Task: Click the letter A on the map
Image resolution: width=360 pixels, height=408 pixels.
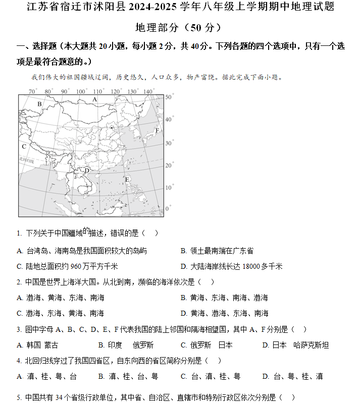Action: point(94,100)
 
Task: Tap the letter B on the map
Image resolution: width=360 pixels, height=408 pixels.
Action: point(39,104)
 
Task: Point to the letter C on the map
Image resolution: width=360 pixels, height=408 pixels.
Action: point(24,147)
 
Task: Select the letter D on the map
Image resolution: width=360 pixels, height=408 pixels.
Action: point(87,170)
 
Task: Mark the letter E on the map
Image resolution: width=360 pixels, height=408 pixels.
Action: point(127,179)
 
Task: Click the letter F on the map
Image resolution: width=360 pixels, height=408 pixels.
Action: point(157,130)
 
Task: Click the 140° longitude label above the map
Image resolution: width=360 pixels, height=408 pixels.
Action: point(148,91)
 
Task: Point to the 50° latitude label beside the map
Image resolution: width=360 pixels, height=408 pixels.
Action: point(169,97)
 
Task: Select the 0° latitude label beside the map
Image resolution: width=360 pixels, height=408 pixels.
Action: point(168,208)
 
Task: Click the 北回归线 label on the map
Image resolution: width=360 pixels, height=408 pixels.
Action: point(26,160)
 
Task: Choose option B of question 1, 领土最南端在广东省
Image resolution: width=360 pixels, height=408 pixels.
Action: point(217,251)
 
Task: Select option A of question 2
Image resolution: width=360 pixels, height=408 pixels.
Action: point(61,298)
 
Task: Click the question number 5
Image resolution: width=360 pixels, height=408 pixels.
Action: point(19,397)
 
